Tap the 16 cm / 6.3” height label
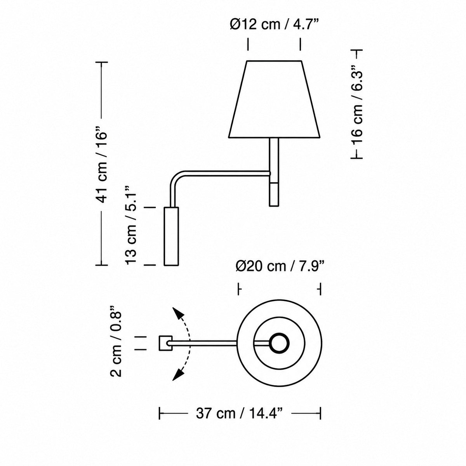pos(357,104)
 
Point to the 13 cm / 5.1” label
pos(131,224)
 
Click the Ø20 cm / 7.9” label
pos(280,266)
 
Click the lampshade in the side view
pos(274,99)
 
